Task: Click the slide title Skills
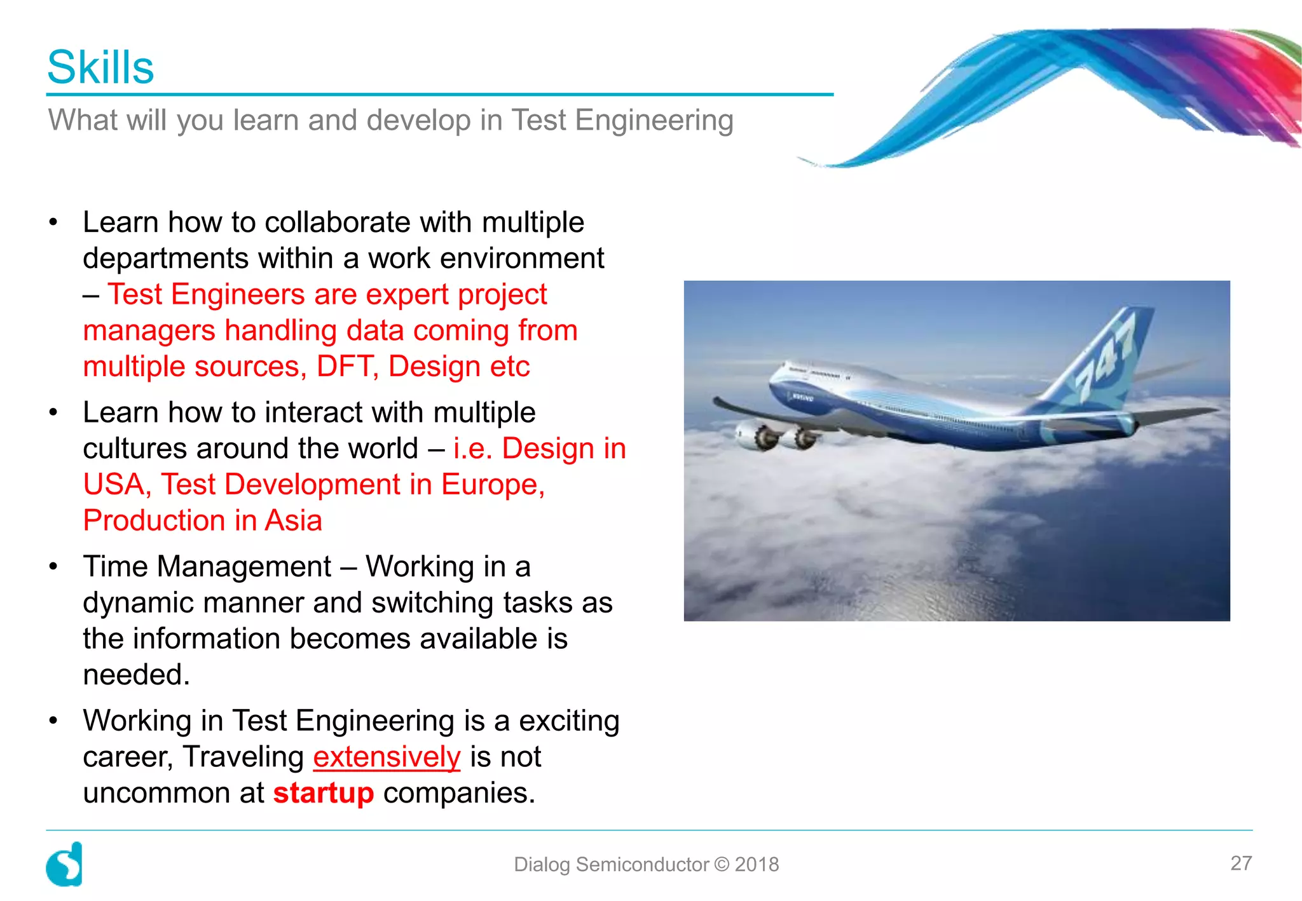[100, 67]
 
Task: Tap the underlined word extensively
[387, 757]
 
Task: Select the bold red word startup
[324, 793]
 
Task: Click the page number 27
[1241, 863]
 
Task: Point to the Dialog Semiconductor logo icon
[64, 864]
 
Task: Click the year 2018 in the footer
[757, 864]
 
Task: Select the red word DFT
[344, 367]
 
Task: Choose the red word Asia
[293, 521]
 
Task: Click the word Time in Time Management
[115, 567]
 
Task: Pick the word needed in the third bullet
[136, 675]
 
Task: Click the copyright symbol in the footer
[722, 864]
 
